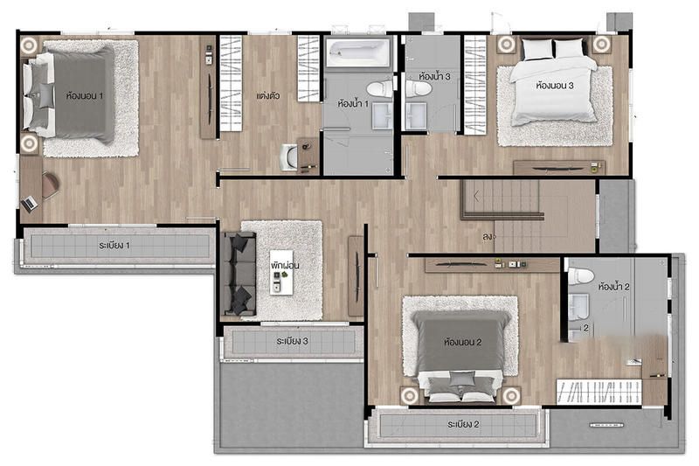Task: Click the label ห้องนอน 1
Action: pos(85,95)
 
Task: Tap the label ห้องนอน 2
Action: pos(463,342)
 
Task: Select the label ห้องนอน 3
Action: pos(555,85)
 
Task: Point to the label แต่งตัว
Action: pos(268,96)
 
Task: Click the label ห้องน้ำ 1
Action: pos(354,104)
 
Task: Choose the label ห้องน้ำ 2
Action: pos(614,287)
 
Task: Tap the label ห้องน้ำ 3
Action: pos(434,76)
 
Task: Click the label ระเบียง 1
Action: pos(114,246)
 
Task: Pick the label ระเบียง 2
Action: pos(463,424)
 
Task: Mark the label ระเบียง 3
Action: pos(292,341)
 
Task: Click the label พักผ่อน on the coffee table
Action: pos(285,265)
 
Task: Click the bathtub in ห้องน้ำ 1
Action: pos(358,52)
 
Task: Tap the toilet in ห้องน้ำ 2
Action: pos(581,275)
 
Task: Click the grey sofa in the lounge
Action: pos(239,274)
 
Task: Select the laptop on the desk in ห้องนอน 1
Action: pos(30,204)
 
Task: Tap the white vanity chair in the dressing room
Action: pos(288,157)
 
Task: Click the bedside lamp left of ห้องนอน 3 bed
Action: pos(507,44)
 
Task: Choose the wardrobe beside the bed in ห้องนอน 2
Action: pos(599,392)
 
